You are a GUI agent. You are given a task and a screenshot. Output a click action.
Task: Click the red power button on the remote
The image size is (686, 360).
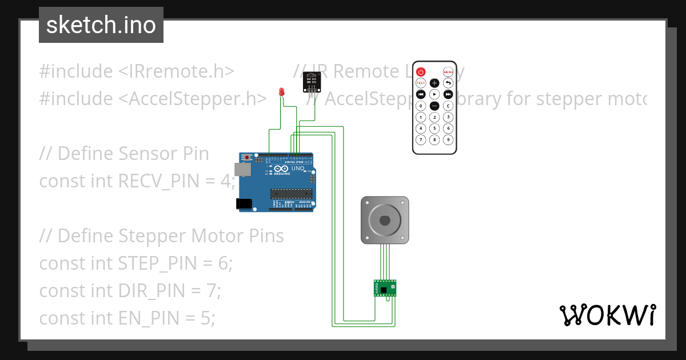[x=421, y=72]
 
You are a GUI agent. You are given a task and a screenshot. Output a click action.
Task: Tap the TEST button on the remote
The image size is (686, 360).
[x=421, y=83]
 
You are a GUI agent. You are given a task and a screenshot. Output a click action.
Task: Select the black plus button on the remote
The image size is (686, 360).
[x=434, y=83]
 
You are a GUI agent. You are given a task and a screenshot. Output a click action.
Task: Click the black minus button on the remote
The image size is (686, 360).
[x=434, y=106]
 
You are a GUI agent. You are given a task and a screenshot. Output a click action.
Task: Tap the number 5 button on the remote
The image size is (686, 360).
[x=434, y=129]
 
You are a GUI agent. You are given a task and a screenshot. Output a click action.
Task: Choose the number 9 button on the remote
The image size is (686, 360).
[x=448, y=139]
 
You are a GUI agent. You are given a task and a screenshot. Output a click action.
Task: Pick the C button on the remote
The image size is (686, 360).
[x=448, y=106]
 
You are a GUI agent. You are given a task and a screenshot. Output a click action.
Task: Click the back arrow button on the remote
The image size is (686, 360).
[x=448, y=83]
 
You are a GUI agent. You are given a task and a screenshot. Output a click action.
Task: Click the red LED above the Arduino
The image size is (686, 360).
[x=281, y=92]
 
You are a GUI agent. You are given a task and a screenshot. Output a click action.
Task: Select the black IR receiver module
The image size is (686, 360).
[x=311, y=82]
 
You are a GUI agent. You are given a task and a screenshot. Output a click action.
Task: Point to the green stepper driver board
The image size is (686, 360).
[x=385, y=288]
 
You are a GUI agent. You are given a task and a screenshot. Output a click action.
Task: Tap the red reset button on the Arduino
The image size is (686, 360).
[x=247, y=157]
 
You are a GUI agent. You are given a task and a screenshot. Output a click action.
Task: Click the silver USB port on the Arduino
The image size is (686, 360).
[x=244, y=170]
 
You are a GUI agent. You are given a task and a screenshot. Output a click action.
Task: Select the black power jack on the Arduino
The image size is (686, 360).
[x=244, y=203]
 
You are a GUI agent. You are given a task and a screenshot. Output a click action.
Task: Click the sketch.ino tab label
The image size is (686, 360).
[x=101, y=25]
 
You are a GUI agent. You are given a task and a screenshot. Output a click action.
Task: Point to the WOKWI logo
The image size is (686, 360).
[x=607, y=315]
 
